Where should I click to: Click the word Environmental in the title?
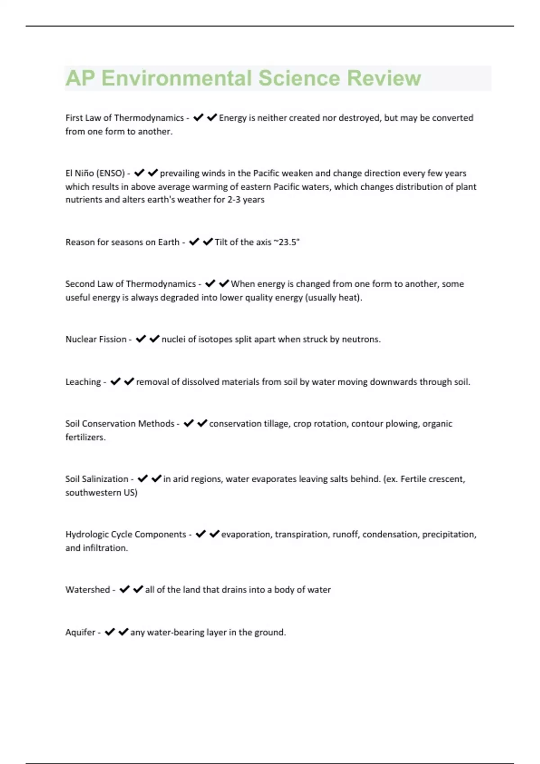[176, 78]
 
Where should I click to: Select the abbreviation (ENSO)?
[110, 173]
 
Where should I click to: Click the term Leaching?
[83, 382]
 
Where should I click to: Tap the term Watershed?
[88, 590]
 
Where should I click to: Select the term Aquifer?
[81, 632]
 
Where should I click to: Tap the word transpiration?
[301, 534]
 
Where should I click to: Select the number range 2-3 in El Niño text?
[234, 200]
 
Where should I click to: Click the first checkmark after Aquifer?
[110, 632]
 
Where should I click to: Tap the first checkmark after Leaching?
[116, 382]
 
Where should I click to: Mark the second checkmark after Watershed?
[138, 589]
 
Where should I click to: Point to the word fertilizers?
[85, 437]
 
